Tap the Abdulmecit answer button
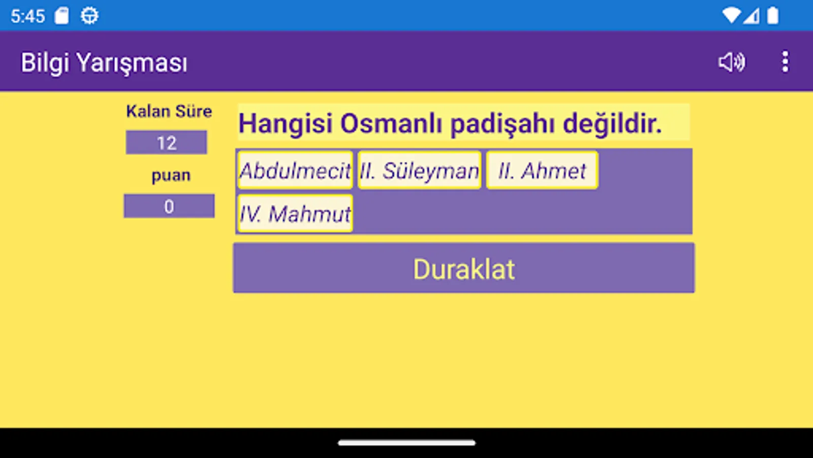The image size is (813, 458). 295,170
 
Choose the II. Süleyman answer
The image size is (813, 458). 419,170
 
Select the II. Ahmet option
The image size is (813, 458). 542,170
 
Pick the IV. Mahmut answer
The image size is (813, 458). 295,214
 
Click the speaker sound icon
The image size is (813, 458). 732,62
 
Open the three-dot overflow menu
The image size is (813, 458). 785,62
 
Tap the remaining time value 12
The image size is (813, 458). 167,143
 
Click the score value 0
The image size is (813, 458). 169,207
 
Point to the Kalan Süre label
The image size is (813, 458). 169,111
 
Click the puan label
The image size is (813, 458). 171,176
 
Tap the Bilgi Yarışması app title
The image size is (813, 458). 104,63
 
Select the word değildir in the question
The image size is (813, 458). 612,124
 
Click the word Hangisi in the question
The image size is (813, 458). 286,124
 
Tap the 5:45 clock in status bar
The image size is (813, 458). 28,16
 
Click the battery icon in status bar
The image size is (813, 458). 772,16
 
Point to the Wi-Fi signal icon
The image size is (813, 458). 731,16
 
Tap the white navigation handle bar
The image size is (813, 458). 407,443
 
